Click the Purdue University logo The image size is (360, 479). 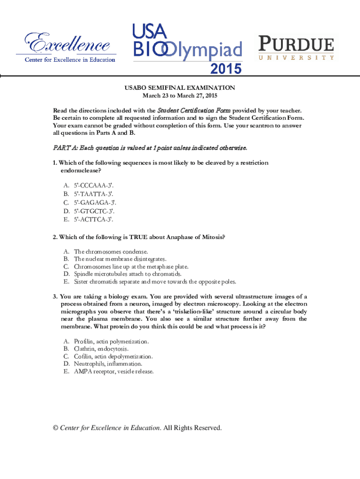(296, 48)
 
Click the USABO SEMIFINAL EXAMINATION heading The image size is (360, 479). (180, 88)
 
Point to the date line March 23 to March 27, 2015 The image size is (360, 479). (180, 95)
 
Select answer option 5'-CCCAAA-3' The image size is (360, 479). (93, 185)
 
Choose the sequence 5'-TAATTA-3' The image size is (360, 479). (93, 193)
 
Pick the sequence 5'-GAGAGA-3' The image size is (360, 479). (94, 202)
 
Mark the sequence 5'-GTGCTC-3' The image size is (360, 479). (93, 210)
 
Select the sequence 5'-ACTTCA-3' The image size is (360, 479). (93, 219)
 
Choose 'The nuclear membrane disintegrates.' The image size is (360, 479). (120, 259)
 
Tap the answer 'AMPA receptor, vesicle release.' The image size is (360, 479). (113, 371)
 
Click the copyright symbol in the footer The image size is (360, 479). (56, 428)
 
